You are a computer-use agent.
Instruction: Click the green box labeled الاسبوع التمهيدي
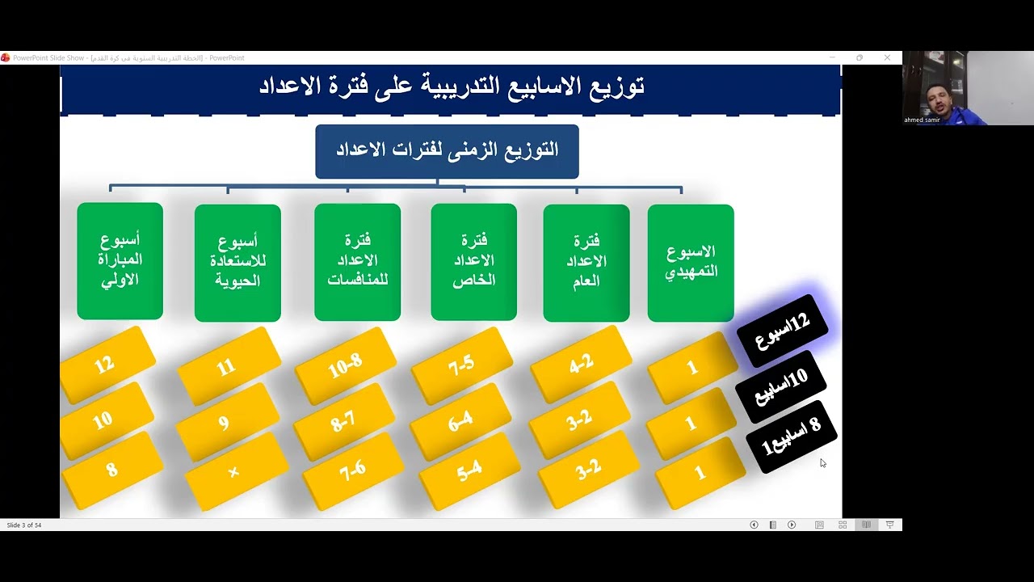click(691, 262)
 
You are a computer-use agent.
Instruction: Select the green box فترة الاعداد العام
click(586, 262)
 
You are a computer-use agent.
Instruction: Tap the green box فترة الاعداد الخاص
click(473, 261)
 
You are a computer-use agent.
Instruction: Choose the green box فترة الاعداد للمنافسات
click(357, 261)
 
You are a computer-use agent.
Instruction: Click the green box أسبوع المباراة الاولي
click(120, 260)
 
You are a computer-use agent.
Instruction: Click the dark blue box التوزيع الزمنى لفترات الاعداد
click(447, 151)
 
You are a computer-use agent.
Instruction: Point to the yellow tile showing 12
click(105, 365)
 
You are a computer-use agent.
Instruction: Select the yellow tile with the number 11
click(226, 367)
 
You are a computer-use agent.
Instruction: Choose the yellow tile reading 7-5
click(461, 365)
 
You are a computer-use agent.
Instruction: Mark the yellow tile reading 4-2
click(581, 365)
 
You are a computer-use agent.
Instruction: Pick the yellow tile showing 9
click(224, 423)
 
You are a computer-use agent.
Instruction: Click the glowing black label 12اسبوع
click(781, 328)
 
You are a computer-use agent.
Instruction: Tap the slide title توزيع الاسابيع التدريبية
click(451, 86)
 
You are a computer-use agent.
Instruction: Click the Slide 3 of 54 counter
click(24, 525)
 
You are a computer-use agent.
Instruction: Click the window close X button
click(887, 57)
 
